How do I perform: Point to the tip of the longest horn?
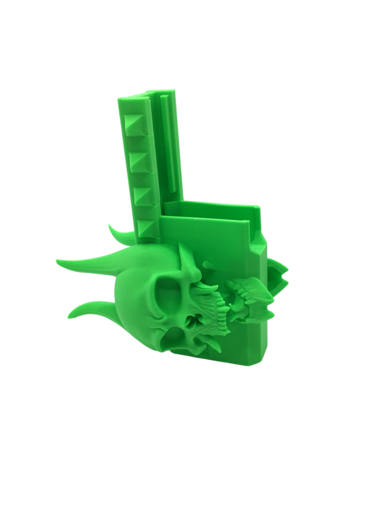[59, 260]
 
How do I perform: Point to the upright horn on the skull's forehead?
[186, 261]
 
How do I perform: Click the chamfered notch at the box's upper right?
[260, 239]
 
